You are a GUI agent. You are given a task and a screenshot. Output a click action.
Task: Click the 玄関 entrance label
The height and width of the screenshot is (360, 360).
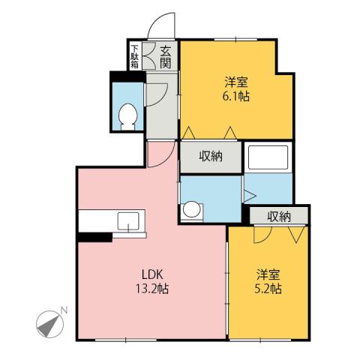click(x=165, y=57)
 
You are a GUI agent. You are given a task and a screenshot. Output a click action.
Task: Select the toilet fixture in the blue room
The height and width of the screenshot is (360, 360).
click(x=127, y=116)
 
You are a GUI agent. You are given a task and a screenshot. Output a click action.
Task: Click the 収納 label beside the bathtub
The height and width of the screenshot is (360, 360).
click(x=211, y=157)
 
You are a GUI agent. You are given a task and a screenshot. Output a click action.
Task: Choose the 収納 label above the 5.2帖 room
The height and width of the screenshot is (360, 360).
click(x=279, y=217)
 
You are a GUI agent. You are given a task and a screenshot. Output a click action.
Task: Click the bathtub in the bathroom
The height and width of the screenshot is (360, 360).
click(x=268, y=157)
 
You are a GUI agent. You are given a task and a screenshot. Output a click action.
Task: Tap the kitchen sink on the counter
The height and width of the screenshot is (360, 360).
click(x=128, y=221)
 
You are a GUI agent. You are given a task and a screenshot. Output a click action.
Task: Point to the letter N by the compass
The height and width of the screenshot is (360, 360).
click(x=64, y=310)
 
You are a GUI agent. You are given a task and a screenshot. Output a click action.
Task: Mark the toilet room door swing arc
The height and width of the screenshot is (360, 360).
click(x=156, y=94)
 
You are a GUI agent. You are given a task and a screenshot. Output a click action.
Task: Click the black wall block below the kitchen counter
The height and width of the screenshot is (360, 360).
click(x=94, y=238)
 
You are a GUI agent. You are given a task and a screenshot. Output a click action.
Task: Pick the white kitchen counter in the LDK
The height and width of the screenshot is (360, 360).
click(x=112, y=221)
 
